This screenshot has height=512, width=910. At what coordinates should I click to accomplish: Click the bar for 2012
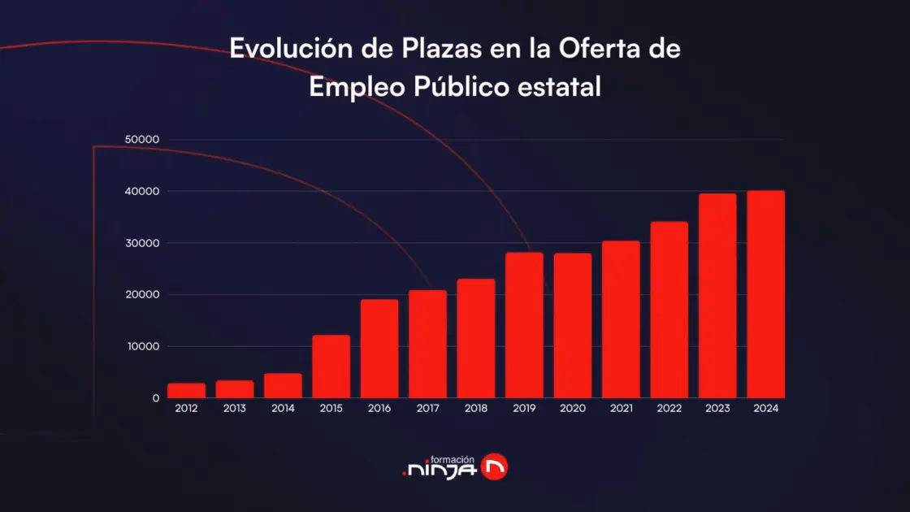click(x=186, y=391)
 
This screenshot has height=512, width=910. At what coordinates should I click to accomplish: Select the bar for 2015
click(x=331, y=367)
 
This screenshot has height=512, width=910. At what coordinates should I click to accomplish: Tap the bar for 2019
click(x=524, y=325)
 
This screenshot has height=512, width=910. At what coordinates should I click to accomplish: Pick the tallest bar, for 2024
click(x=765, y=294)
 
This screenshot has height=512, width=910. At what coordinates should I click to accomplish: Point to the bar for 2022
click(x=669, y=310)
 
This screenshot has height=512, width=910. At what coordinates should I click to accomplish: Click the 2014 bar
click(x=283, y=386)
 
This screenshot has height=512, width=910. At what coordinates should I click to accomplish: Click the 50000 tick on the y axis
click(x=142, y=140)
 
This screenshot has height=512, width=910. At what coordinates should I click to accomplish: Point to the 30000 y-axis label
click(x=142, y=243)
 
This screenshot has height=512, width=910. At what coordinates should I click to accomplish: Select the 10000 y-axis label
click(x=142, y=346)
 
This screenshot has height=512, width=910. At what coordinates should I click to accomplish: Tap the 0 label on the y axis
click(x=154, y=398)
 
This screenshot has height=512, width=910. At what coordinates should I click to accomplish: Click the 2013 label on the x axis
click(x=235, y=409)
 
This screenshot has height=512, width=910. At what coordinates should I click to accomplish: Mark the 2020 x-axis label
click(x=572, y=409)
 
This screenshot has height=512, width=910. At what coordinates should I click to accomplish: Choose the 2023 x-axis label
click(x=717, y=409)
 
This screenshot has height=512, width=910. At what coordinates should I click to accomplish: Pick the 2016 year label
click(x=379, y=409)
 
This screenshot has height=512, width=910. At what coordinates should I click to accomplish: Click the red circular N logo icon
click(x=494, y=466)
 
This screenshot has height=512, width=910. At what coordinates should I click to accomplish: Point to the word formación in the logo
click(x=451, y=458)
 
